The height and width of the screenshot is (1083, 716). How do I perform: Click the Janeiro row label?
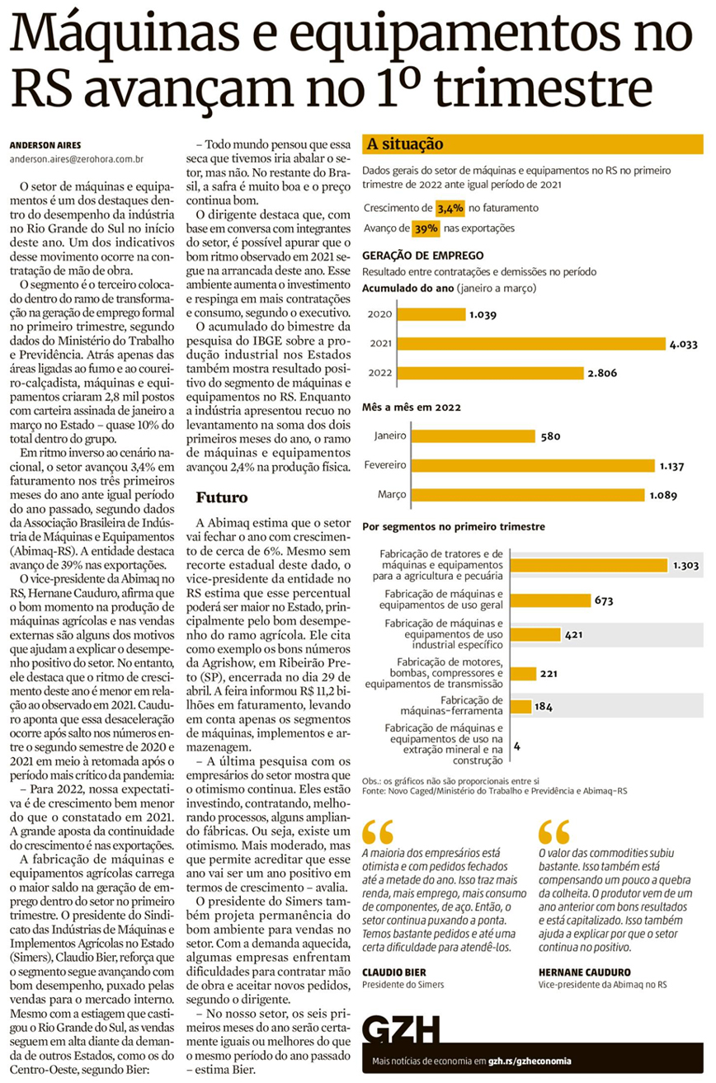point(390,436)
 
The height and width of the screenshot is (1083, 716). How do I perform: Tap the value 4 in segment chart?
point(516,745)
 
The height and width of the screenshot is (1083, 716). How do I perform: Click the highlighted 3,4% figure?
point(450,209)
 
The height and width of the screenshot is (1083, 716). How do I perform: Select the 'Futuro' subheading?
point(221,497)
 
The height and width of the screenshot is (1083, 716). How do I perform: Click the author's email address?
point(78,158)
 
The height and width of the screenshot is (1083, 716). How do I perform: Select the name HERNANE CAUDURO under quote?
point(584,972)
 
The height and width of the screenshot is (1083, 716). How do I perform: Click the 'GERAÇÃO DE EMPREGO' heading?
point(423,256)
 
